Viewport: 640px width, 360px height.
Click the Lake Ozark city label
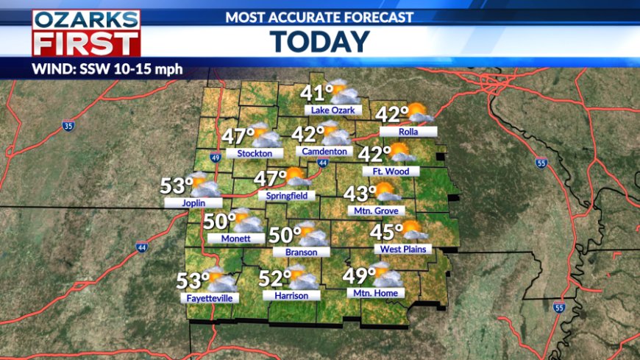click(333, 110)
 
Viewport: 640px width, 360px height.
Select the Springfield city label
click(287, 196)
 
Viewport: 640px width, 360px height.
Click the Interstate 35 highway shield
click(68, 127)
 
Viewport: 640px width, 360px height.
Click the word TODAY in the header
click(320, 41)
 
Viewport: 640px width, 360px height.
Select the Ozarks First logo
click(86, 32)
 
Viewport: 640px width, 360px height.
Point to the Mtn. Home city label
click(375, 293)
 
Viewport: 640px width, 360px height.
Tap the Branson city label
click(295, 252)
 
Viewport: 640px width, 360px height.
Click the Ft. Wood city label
click(391, 172)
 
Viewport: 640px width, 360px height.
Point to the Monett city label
click(235, 239)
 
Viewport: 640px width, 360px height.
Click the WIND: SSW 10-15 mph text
click(107, 71)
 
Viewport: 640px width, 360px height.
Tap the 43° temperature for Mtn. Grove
click(360, 194)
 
